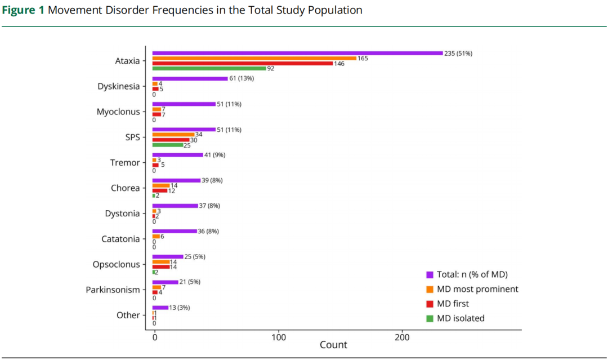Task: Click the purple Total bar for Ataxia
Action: tap(297, 53)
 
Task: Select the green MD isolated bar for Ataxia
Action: tap(209, 68)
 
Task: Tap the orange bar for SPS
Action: tap(173, 135)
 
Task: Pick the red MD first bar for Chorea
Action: tap(160, 190)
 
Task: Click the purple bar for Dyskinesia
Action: tap(190, 79)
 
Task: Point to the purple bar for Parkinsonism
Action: tap(165, 282)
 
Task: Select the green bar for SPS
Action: tap(168, 145)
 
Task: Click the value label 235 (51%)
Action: tap(458, 54)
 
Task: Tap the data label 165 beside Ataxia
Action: tap(363, 59)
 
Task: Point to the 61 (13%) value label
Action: tap(242, 78)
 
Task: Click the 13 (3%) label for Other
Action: tap(180, 308)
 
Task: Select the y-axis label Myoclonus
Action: tap(118, 112)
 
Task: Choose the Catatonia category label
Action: tap(120, 239)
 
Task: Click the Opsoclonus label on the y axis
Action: tap(117, 265)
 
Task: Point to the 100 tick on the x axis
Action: tap(279, 337)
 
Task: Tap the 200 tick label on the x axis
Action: tap(402, 337)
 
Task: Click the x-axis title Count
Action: tap(333, 345)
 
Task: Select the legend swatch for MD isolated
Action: tap(430, 318)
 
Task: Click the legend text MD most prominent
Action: tap(478, 289)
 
